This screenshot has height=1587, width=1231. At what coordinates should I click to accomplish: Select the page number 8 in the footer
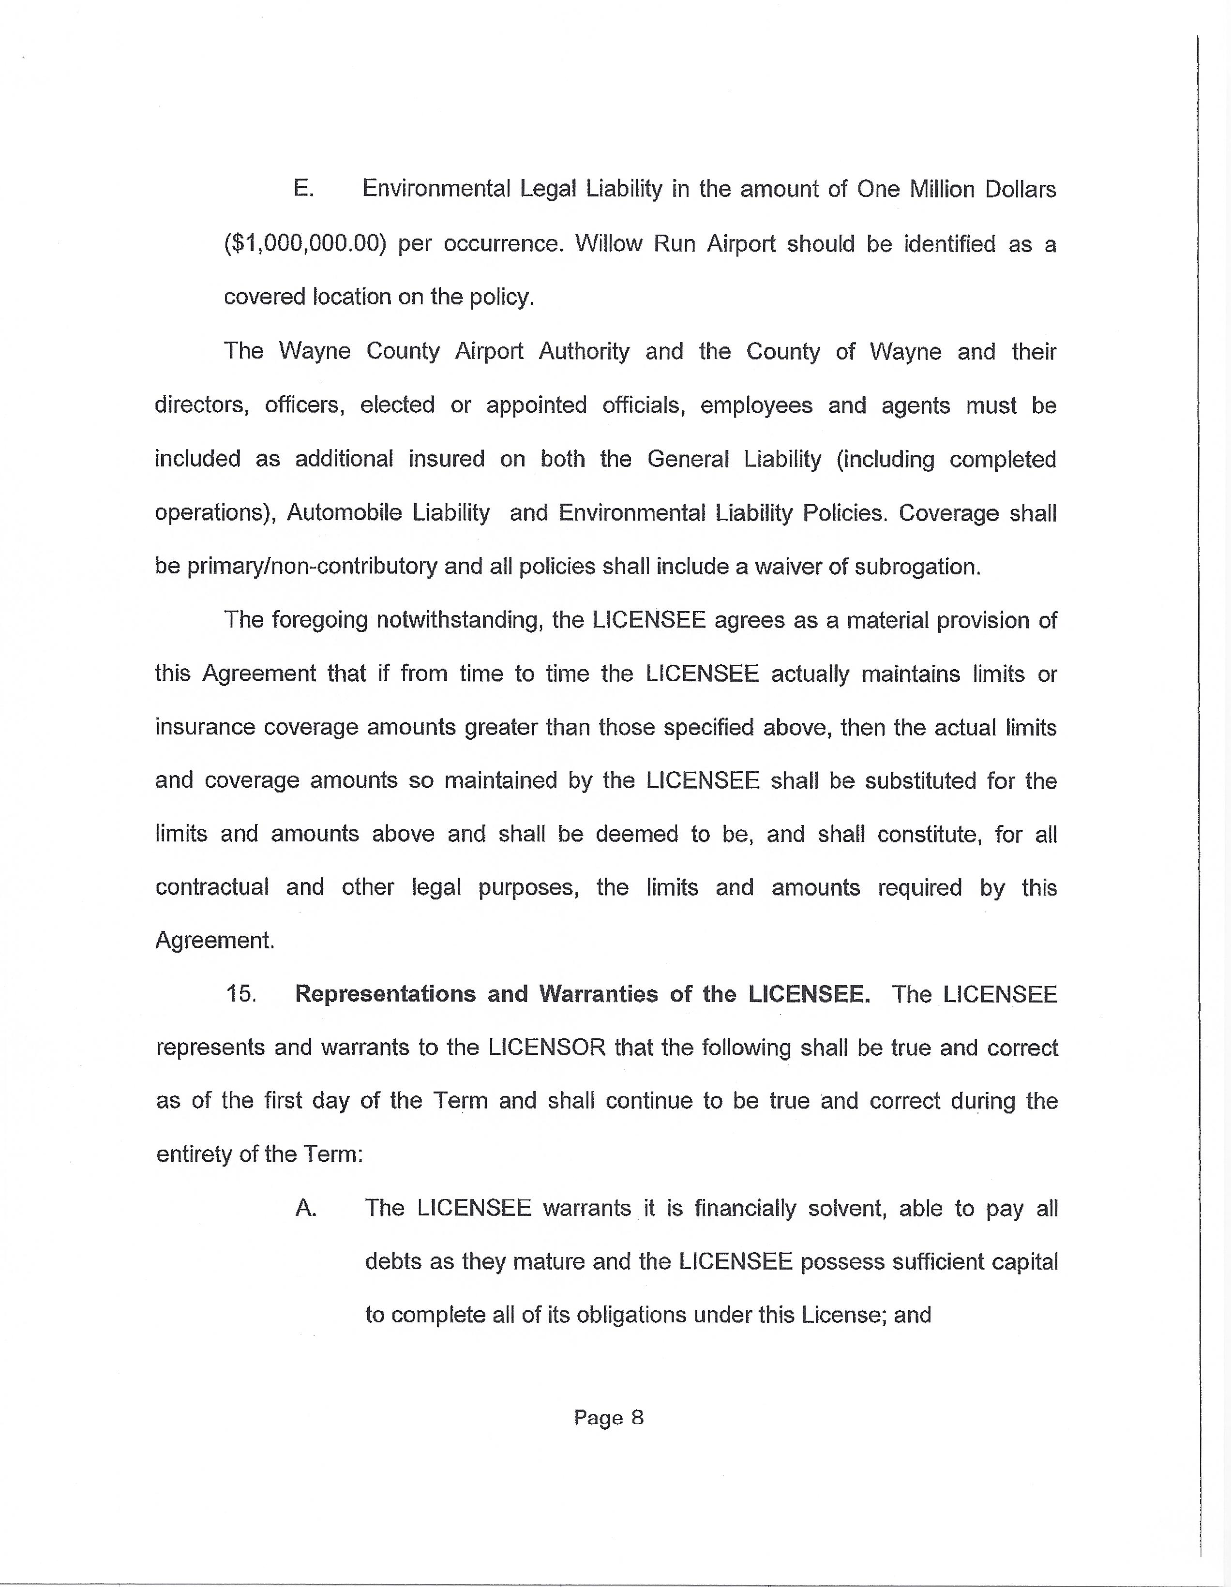point(637,1418)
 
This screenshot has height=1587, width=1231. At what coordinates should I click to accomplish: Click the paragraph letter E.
point(303,189)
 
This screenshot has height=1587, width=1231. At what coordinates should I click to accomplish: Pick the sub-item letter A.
point(306,1208)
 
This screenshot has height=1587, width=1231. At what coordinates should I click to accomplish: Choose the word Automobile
point(344,512)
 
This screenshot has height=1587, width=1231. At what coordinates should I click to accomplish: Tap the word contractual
point(211,887)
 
